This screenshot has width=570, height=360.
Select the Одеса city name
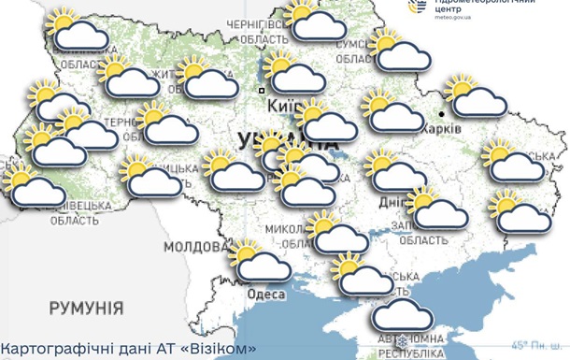tap(265, 294)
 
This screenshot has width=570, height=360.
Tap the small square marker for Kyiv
tap(262, 90)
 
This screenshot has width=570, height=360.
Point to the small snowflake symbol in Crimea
tap(404, 338)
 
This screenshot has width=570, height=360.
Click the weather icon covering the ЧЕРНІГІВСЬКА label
tap(315, 21)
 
